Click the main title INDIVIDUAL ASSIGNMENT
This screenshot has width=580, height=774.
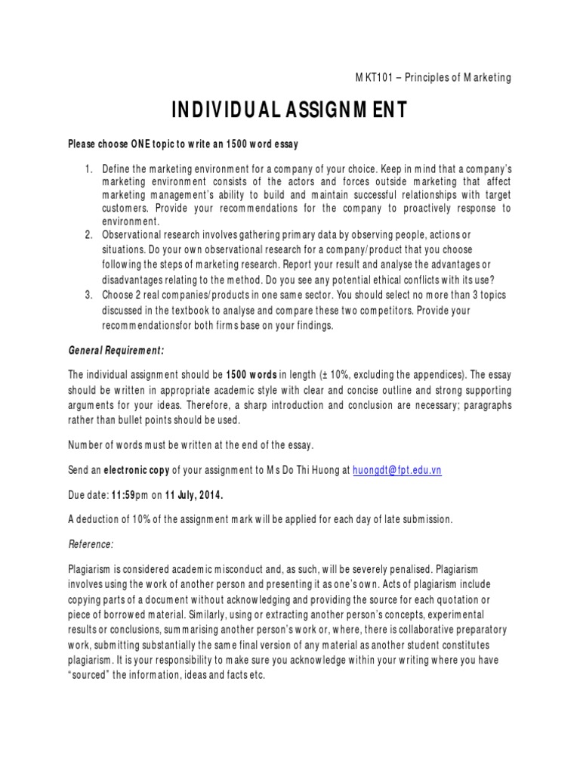[x=290, y=110]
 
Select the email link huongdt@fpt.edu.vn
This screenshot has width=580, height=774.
[x=396, y=469]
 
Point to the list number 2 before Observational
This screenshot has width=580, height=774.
[x=88, y=235]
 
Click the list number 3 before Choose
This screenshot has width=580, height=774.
[x=88, y=294]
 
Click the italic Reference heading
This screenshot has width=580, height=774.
[x=91, y=543]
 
